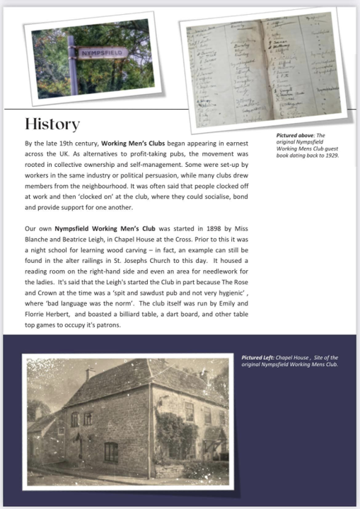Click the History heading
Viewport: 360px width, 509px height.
pos(52,124)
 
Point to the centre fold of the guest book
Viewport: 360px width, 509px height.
pos(262,67)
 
